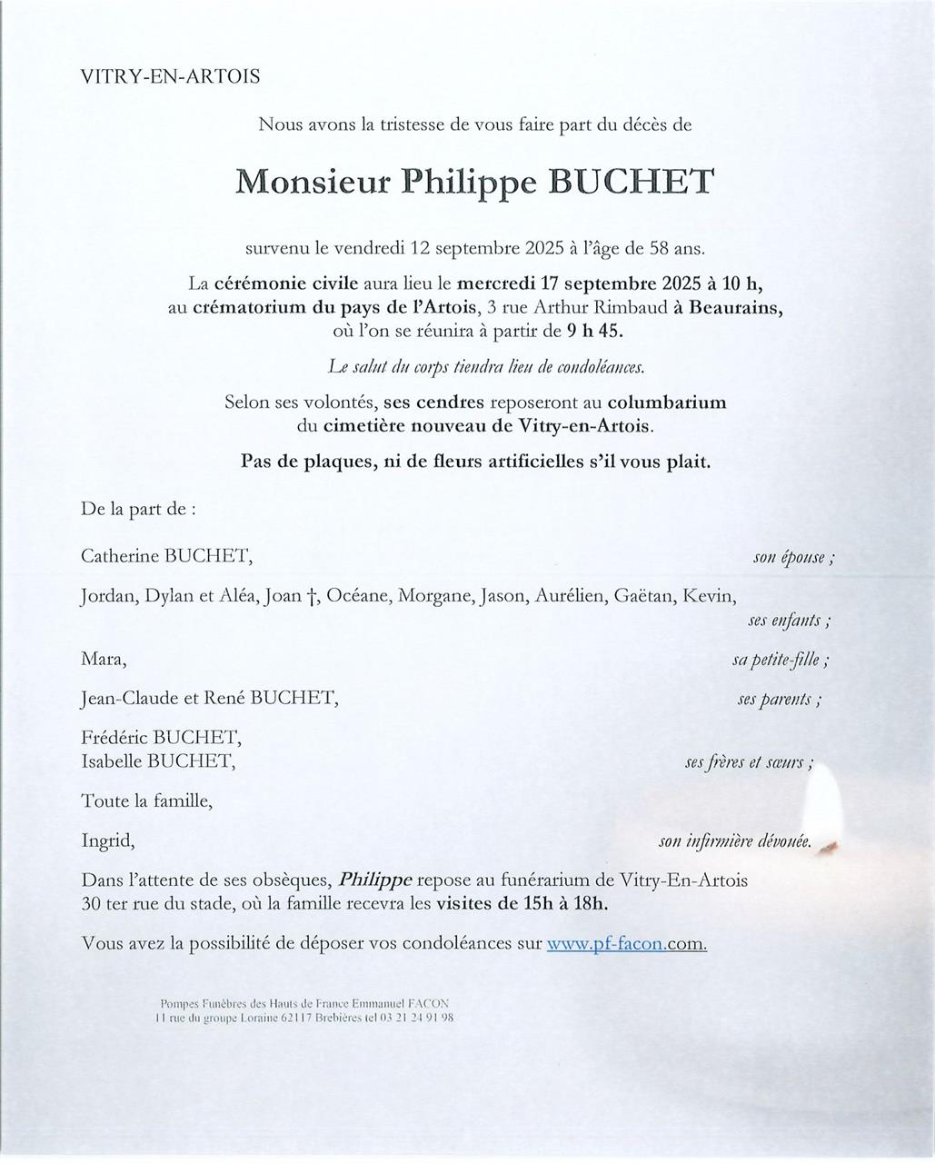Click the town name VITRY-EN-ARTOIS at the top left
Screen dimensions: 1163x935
(171, 77)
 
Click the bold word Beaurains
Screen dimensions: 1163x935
(734, 307)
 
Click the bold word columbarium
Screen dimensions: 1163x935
(667, 402)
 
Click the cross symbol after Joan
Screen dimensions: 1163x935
(311, 596)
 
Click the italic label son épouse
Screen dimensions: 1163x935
(792, 557)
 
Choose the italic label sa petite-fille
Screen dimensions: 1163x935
(779, 661)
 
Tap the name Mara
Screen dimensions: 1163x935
(100, 659)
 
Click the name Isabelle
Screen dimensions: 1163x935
(112, 761)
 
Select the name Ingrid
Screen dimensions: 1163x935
(107, 841)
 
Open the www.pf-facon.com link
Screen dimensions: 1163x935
(626, 943)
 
